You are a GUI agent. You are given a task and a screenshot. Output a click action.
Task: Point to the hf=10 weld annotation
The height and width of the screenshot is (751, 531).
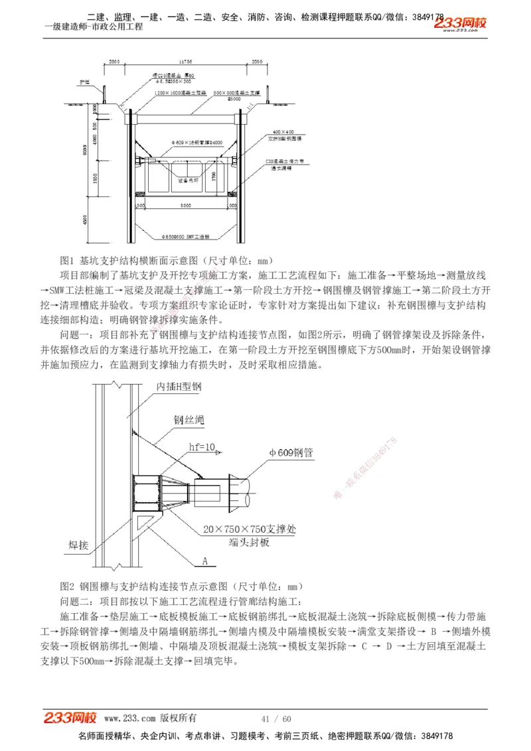[x=202, y=447]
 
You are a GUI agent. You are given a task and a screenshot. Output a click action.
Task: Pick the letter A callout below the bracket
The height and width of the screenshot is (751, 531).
[x=205, y=561]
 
